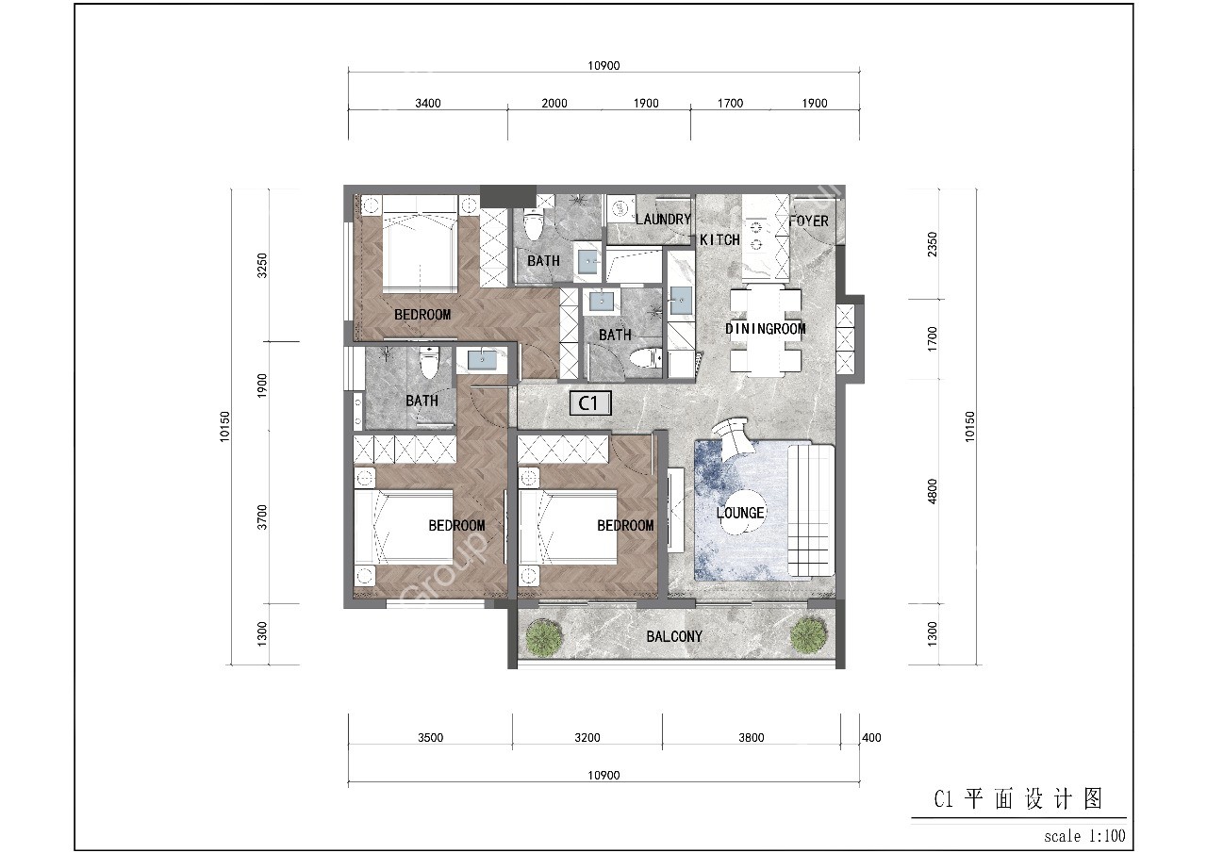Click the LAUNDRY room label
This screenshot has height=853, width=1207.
pos(663,220)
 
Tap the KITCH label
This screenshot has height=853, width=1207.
pos(719,240)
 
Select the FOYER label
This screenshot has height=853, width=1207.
pos(808,221)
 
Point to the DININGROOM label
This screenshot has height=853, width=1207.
pos(766,329)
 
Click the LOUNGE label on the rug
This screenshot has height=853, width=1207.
pos(740,513)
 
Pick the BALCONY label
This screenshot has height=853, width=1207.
pos(674,637)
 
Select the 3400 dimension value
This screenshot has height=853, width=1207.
pos(428,104)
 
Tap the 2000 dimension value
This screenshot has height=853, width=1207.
pos(554,104)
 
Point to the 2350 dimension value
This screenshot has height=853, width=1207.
pos(933,245)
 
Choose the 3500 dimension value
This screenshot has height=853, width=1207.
pos(430,738)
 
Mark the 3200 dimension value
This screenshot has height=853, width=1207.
pos(587,738)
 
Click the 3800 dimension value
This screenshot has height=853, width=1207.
pos(751,738)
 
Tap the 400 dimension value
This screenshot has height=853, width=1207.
pos(872,738)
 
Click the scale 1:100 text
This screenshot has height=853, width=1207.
pos(1084,835)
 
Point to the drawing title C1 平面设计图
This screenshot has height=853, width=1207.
pos(1017,800)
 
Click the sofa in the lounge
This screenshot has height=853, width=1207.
pos(811,509)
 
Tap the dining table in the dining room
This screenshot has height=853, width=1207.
pos(766,330)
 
